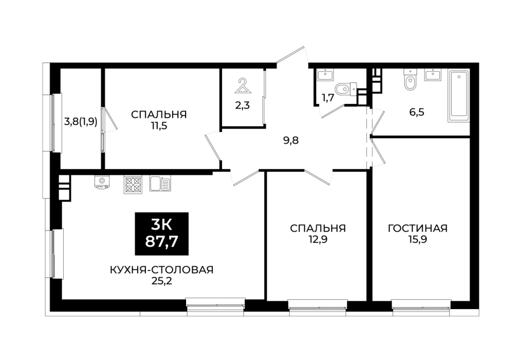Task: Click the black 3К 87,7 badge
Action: (x=161, y=233)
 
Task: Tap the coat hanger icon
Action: (x=243, y=86)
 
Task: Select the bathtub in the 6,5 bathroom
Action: (x=458, y=96)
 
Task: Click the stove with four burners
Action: (x=133, y=185)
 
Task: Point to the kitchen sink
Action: (x=160, y=184)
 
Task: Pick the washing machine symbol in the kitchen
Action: (x=102, y=183)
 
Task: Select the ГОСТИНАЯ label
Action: (x=417, y=228)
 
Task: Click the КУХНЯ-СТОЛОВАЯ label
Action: (x=161, y=270)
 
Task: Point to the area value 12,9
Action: (x=318, y=239)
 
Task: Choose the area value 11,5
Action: (x=159, y=125)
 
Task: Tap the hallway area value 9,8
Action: (x=291, y=141)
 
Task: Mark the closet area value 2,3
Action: (x=243, y=105)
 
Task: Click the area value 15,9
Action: (x=417, y=239)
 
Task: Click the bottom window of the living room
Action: (x=421, y=304)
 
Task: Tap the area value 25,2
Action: (x=161, y=281)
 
